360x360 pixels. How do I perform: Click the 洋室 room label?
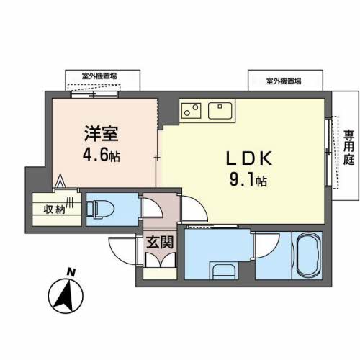pos(101,134)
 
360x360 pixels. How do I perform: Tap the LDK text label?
pos(249,158)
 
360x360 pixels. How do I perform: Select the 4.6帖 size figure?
pos(102,156)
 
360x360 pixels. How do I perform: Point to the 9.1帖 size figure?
pos(248,180)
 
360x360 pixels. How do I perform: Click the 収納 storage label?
pos(54,210)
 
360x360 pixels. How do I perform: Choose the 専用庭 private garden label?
pos(348,148)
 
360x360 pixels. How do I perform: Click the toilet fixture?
pos(100,209)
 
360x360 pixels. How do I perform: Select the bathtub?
pos(308,256)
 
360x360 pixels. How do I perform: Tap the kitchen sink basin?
pos(220,111)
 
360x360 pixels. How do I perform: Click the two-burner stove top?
pos(192,110)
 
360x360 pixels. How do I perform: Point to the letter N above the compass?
pos(71,272)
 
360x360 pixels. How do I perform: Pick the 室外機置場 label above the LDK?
pos(284,81)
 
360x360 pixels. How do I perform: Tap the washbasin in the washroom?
pos(224,271)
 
